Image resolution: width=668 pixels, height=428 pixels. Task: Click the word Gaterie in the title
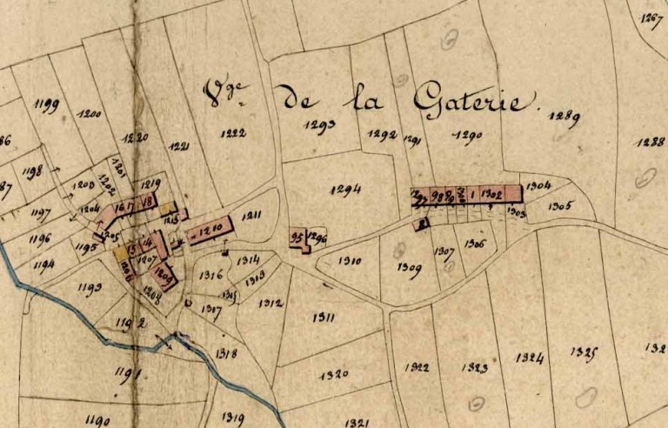click(x=471, y=101)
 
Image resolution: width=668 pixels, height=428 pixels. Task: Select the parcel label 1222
click(x=233, y=133)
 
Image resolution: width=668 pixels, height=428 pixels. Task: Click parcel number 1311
click(x=323, y=318)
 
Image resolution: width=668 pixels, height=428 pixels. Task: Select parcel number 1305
click(x=560, y=206)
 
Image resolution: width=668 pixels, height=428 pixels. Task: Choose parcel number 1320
click(x=334, y=375)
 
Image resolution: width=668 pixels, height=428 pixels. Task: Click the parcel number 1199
click(x=47, y=105)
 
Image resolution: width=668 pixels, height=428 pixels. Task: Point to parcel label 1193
click(x=90, y=287)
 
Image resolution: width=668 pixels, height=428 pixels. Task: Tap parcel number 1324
click(x=530, y=358)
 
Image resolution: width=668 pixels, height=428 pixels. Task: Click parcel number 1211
click(x=253, y=215)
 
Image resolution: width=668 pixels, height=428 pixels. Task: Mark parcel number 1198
click(x=34, y=171)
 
